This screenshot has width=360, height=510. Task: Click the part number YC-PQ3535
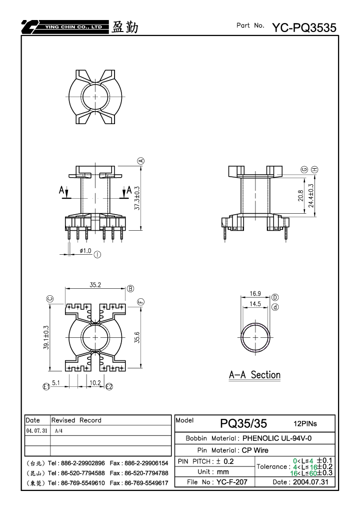pyautogui.click(x=304, y=28)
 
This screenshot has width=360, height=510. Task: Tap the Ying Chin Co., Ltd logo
pyautogui.click(x=65, y=27)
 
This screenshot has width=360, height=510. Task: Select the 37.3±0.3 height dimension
pyautogui.click(x=137, y=198)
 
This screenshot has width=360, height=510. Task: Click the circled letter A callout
pyautogui.click(x=141, y=161)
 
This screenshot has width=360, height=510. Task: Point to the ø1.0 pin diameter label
pyautogui.click(x=85, y=251)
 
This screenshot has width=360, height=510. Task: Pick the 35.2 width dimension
pyautogui.click(x=95, y=285)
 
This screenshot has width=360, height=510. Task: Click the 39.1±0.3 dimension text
pyautogui.click(x=46, y=337)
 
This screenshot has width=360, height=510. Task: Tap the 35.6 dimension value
pyautogui.click(x=137, y=337)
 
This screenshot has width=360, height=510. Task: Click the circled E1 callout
pyautogui.click(x=46, y=386)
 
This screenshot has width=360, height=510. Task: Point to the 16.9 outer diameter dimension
pyautogui.click(x=255, y=293)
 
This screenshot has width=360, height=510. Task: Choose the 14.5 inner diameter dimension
pyautogui.click(x=255, y=304)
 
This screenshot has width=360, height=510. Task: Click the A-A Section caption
pyautogui.click(x=254, y=375)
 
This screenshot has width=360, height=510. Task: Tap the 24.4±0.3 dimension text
pyautogui.click(x=311, y=196)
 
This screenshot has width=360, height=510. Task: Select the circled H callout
pyautogui.click(x=314, y=169)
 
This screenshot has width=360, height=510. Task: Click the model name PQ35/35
pyautogui.click(x=243, y=423)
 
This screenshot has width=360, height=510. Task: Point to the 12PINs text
pyautogui.click(x=305, y=423)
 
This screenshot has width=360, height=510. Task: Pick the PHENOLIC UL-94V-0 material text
pyautogui.click(x=277, y=438)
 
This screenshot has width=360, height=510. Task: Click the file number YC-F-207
pyautogui.click(x=231, y=481)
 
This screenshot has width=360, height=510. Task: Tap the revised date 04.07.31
pyautogui.click(x=36, y=430)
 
